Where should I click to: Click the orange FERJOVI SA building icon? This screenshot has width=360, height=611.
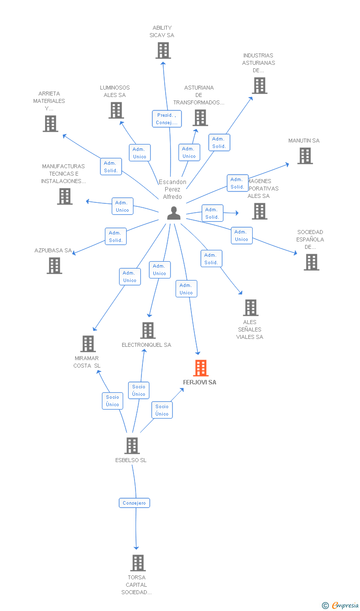coord(201,368)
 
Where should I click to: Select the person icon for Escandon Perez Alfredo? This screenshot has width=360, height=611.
coord(174,213)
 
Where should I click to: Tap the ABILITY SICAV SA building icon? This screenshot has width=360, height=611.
coord(163,50)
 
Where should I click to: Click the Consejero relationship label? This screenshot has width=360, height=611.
coord(135,503)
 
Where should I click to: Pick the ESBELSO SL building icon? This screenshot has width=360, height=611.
coord(132,446)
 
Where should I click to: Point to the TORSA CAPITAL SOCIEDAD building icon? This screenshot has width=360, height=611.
coord(137,563)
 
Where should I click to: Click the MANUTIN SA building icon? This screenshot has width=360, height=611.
coord(305,156)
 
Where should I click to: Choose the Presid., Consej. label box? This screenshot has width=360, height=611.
coord(167,119)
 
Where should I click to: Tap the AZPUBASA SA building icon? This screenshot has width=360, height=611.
coord(54,266)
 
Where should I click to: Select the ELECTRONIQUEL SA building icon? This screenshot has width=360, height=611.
coord(147,330)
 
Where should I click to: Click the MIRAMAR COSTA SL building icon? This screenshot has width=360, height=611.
coord(88,344)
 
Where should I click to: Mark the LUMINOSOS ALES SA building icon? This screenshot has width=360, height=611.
coord(116,110)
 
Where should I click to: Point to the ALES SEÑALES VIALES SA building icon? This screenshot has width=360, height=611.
coord(251,308)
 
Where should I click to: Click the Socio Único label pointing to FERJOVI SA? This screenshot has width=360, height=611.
coord(162,410)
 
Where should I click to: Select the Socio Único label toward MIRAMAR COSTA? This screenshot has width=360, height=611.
coord(112,401)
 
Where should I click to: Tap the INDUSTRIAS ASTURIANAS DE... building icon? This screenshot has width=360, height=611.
coord(259,86)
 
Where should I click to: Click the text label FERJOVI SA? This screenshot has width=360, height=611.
coord(200,382)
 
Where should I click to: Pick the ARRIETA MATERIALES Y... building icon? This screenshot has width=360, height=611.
coord(50,124)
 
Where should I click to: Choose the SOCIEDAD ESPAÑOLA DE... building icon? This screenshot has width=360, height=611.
coord(311,262)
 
